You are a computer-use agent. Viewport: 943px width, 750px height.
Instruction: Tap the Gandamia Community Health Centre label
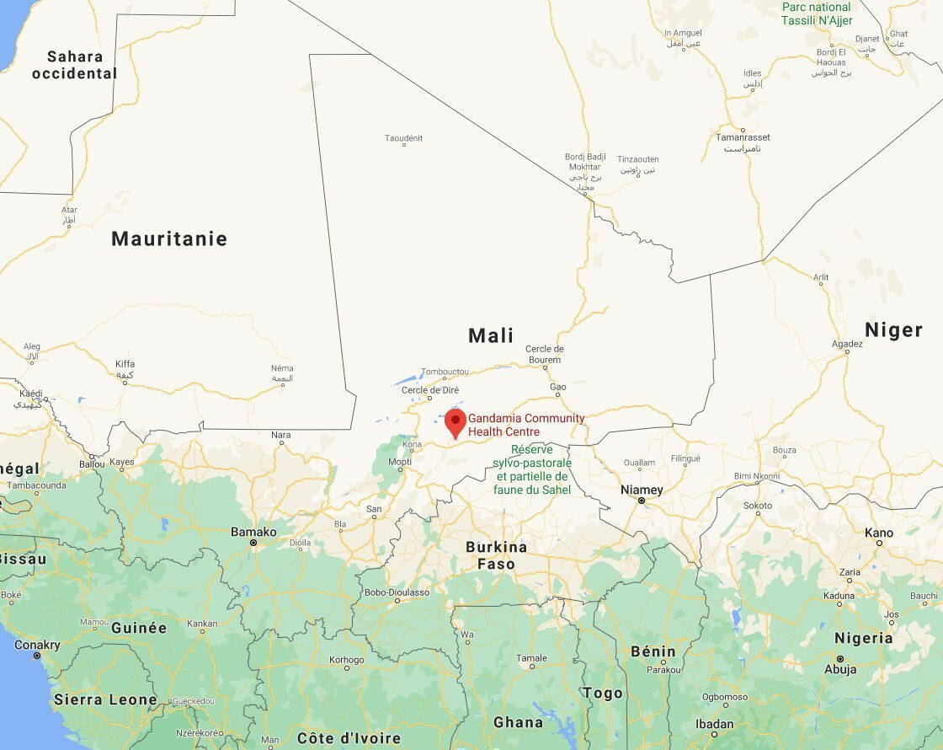point(526,425)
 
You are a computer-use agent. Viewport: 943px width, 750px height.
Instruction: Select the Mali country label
point(491,335)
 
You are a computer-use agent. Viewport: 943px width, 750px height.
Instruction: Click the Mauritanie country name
point(169,238)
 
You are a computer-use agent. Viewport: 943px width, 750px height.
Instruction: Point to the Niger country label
point(893,329)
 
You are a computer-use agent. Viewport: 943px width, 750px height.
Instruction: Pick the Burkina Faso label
point(496,555)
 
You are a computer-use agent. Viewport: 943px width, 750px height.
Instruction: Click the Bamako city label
point(253,532)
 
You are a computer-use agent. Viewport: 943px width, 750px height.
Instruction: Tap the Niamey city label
point(642,490)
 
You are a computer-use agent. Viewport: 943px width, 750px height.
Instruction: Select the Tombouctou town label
point(445,372)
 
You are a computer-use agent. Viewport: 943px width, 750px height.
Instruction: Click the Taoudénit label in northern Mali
point(403,138)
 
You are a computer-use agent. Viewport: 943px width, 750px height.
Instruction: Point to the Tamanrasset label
point(743,137)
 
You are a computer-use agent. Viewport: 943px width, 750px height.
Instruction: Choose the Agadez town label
point(847,344)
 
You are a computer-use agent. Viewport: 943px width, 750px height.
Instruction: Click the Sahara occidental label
point(74,65)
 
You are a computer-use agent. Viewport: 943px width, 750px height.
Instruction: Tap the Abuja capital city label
point(840,670)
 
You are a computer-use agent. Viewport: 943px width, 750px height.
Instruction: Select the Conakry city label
point(37,645)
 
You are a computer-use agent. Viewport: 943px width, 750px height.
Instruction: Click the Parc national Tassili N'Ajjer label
point(817,13)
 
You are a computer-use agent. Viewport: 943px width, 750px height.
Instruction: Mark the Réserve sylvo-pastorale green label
point(532,469)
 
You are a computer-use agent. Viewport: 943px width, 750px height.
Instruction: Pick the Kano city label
point(879,533)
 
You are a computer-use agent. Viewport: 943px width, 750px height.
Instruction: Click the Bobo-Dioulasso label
point(397,592)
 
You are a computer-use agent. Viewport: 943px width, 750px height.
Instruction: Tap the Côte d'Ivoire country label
point(349,738)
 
